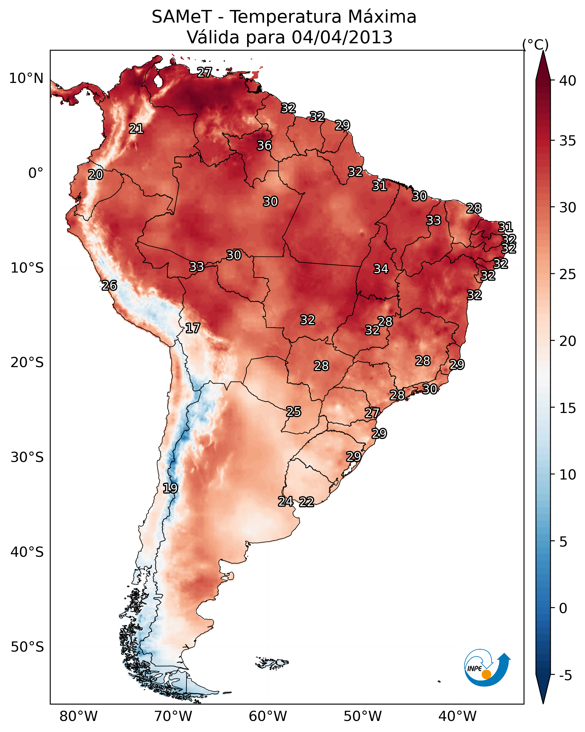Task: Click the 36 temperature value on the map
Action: point(264,145)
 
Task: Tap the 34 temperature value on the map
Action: point(381,269)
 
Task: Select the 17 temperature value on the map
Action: point(192,328)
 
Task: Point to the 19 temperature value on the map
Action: point(170,488)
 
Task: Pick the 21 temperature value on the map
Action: point(136,129)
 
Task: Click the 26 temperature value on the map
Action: point(109,286)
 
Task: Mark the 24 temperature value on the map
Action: point(286,502)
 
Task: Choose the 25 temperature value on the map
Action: point(293,412)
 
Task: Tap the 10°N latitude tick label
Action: point(26,78)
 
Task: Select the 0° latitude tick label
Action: point(36,173)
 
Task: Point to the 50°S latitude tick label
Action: point(27,647)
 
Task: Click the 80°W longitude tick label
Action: point(78,717)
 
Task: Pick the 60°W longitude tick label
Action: point(268,717)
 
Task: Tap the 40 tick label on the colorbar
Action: point(568,81)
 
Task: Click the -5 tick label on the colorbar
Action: point(566,676)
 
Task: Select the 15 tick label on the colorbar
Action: point(568,408)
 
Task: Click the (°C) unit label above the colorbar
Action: point(535,44)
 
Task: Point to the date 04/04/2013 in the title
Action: point(342,37)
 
